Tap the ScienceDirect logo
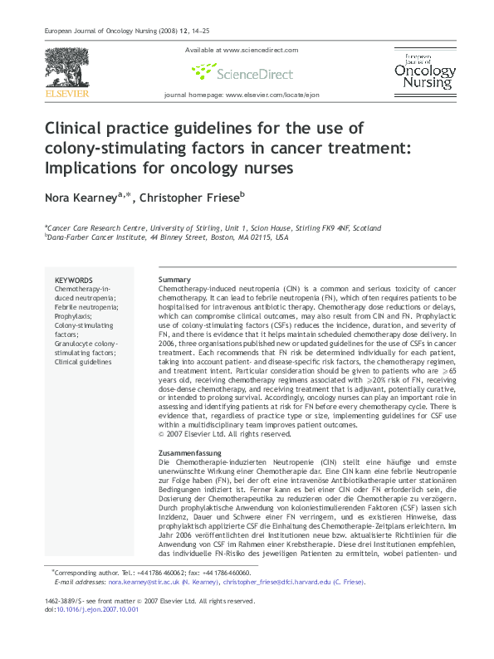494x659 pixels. coord(242,73)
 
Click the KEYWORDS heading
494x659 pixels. coord(73,280)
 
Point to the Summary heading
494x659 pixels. coord(174,280)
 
